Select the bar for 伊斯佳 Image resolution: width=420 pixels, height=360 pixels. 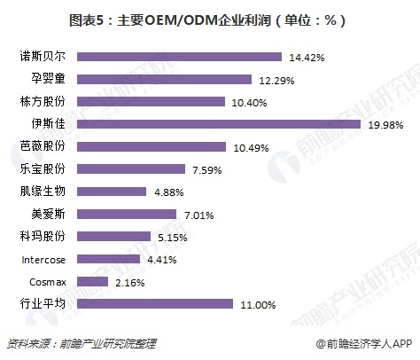217,122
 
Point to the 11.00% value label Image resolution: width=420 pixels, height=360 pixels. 260,304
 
